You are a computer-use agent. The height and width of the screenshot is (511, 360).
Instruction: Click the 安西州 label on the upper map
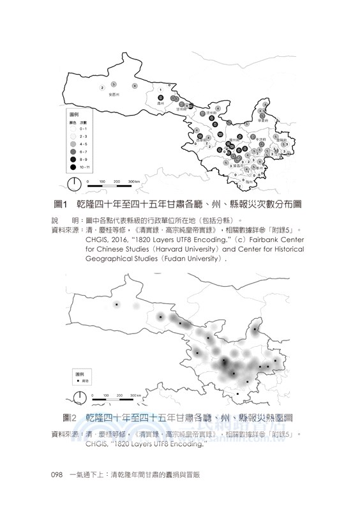[x=114, y=94]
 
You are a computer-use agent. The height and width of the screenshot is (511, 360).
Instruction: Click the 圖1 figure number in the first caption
[x=61, y=204]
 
